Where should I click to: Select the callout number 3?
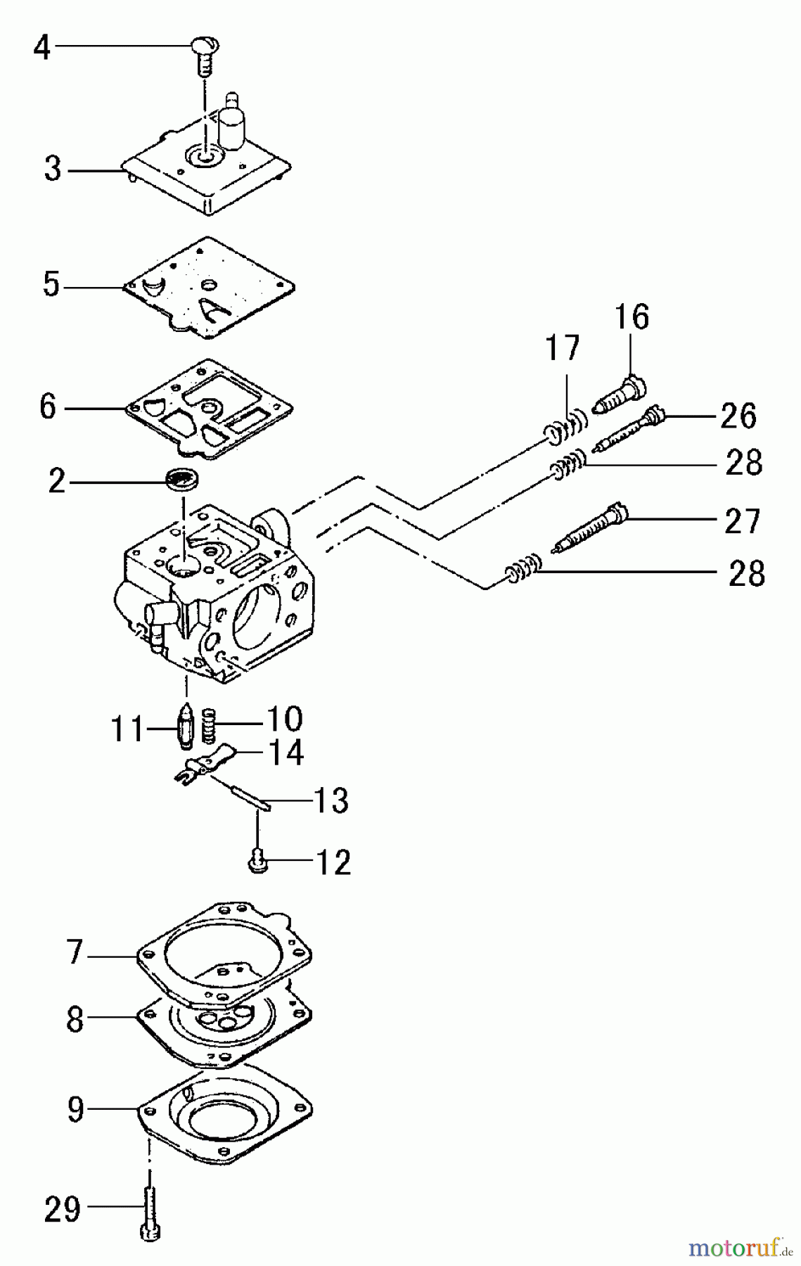click(53, 170)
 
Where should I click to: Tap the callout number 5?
click(51, 286)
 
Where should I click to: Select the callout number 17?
click(563, 348)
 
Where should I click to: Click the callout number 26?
click(738, 416)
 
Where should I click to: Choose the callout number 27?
click(742, 522)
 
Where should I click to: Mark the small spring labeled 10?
click(208, 726)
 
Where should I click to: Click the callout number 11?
click(127, 730)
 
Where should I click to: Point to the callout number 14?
click(285, 752)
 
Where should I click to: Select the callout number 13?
click(329, 800)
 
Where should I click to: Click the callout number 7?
click(75, 952)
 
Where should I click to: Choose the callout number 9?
click(75, 1109)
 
